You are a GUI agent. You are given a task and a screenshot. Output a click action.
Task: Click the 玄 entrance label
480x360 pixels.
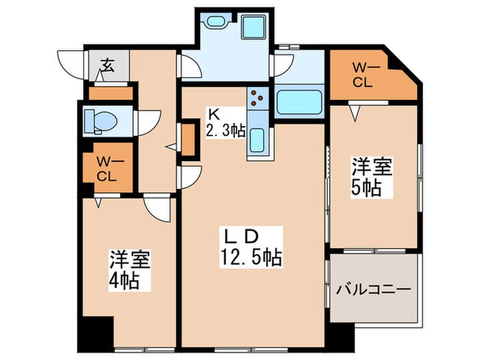[108, 66]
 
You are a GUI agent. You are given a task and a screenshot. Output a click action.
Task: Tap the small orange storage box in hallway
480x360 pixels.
[188, 138]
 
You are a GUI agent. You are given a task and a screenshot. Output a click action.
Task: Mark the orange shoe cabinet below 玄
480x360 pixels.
[110, 93]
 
